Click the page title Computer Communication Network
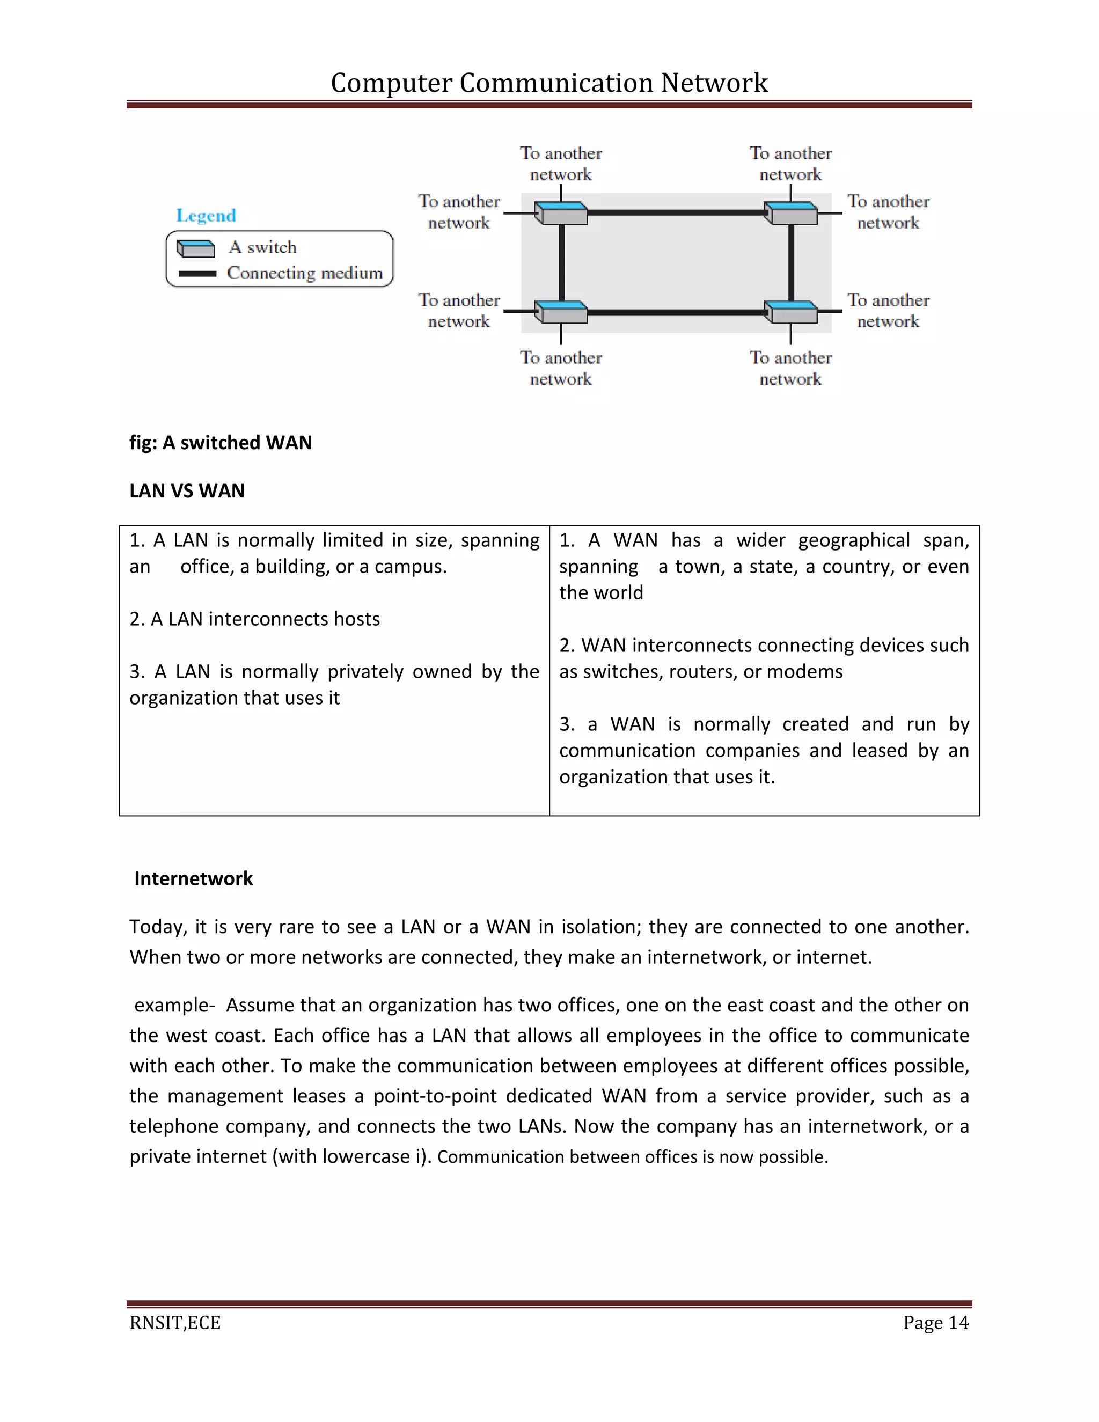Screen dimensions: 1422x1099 (x=549, y=83)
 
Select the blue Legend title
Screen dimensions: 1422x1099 (x=206, y=216)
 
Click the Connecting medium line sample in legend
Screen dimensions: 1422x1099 (x=197, y=274)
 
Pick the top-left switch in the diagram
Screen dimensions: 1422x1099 (x=561, y=213)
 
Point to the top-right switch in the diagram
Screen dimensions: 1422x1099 (x=790, y=213)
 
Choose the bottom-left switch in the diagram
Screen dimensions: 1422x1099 (x=561, y=312)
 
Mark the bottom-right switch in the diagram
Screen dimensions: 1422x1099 (x=790, y=312)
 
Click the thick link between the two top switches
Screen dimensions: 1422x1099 (x=675, y=212)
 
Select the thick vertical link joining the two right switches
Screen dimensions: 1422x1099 (x=791, y=262)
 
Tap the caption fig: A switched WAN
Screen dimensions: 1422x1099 (x=221, y=443)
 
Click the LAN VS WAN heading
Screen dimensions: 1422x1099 (x=187, y=491)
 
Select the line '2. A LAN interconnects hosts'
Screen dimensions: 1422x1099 (x=254, y=619)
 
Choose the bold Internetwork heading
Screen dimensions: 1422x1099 (x=193, y=878)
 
